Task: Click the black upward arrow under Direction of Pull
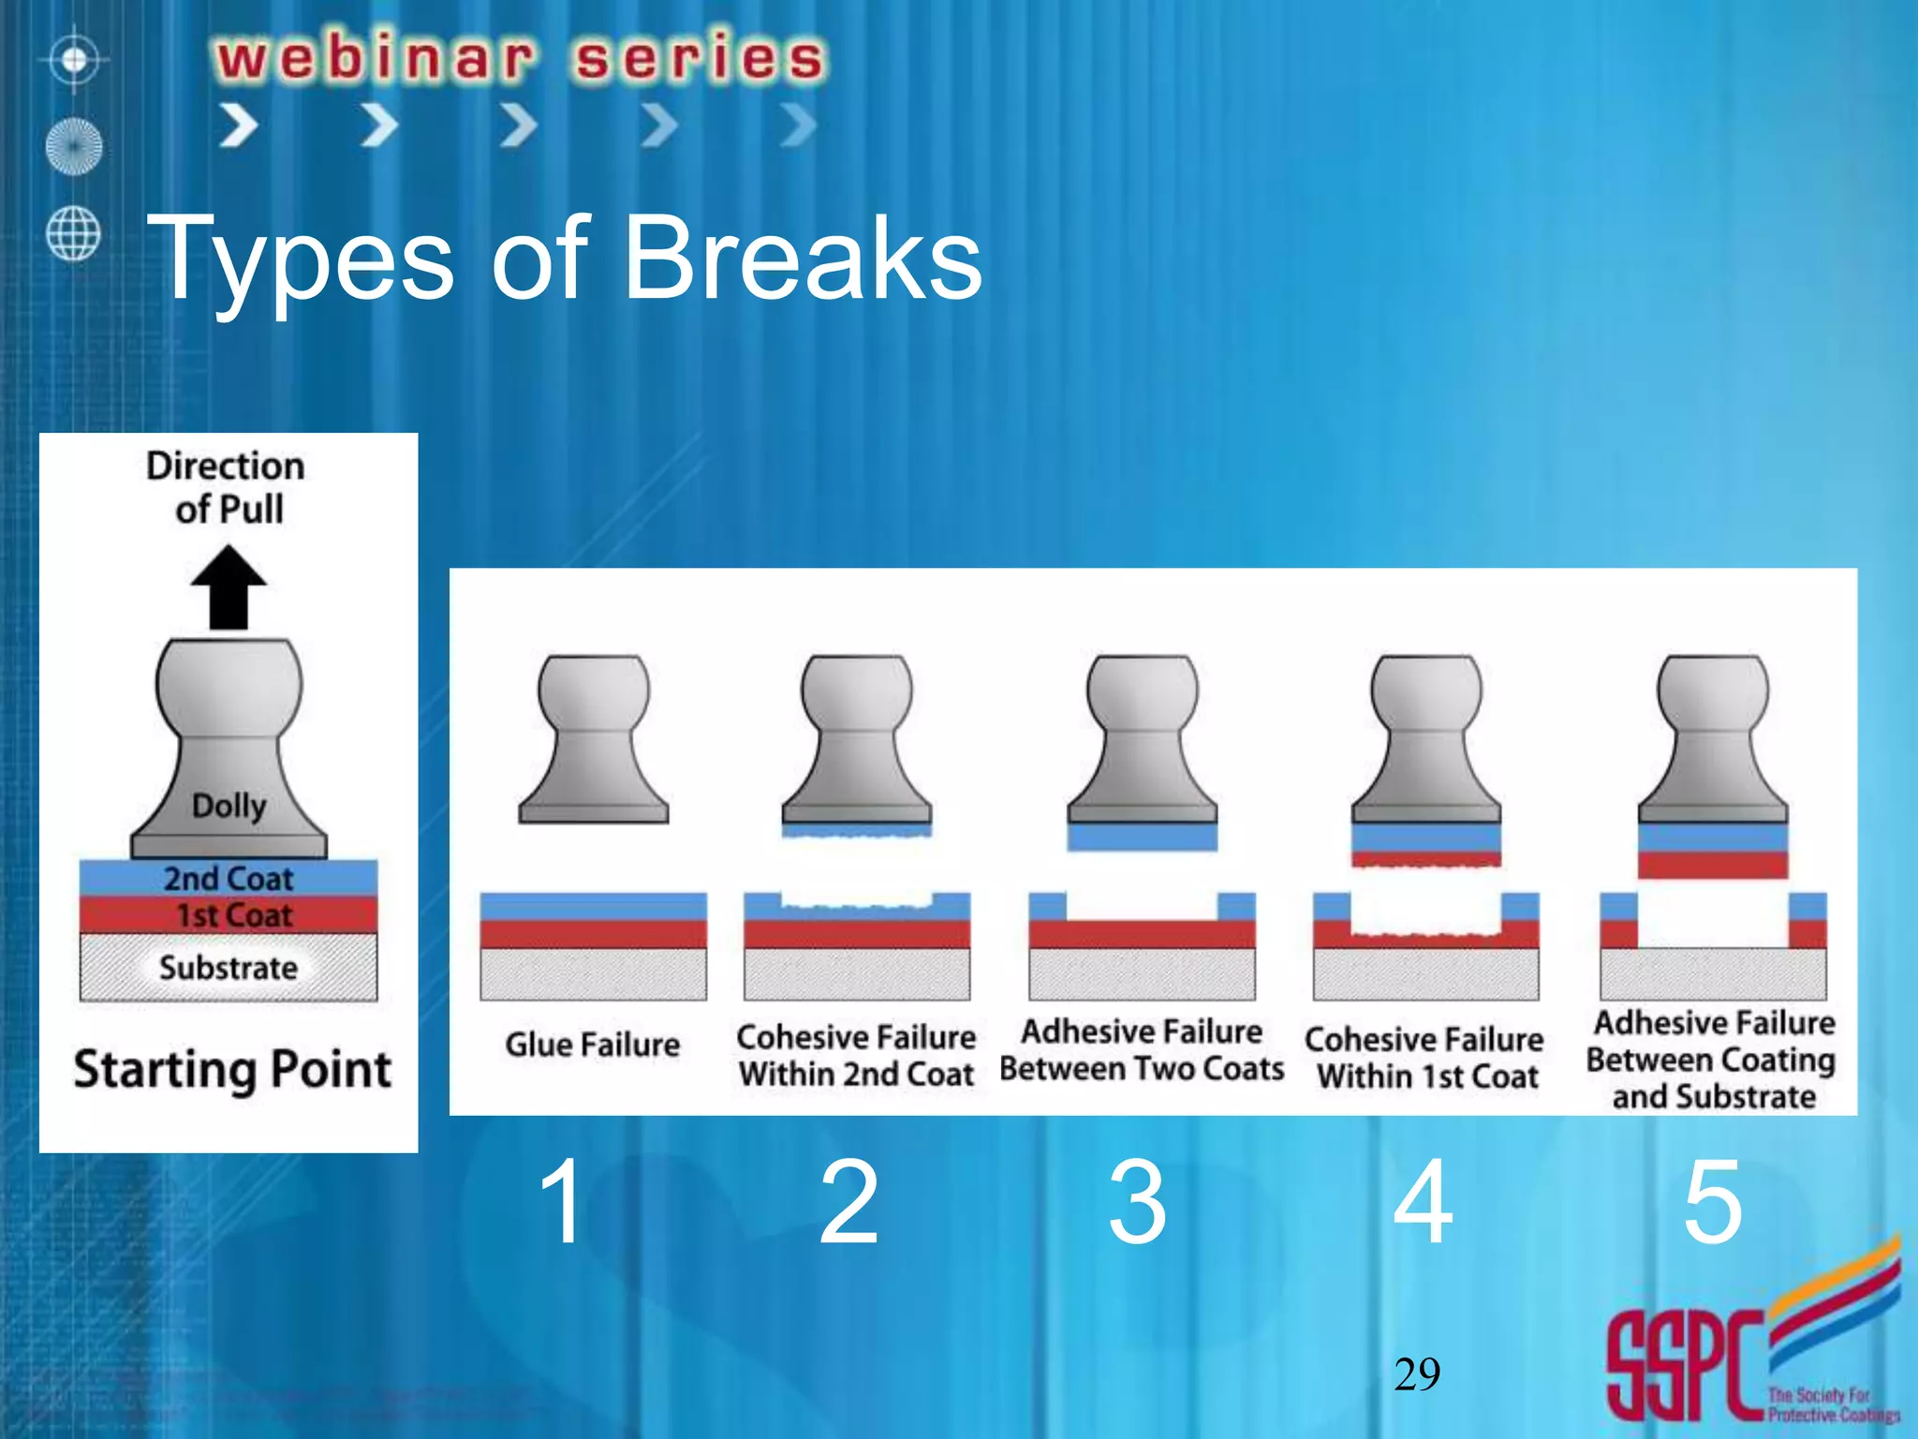tap(229, 588)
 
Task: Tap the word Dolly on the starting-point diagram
tap(229, 806)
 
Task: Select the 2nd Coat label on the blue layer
tap(229, 879)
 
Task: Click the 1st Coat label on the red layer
tap(234, 915)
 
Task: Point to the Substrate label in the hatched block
tap(229, 968)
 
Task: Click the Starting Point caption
tap(232, 1070)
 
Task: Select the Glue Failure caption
tap(592, 1045)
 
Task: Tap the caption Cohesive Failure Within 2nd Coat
tap(856, 1056)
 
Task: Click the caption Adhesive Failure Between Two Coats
tap(1142, 1050)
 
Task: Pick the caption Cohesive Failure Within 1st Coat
tap(1424, 1058)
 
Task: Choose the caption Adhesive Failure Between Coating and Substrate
tap(1712, 1060)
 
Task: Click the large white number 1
tap(562, 1202)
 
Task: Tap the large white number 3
tap(1137, 1202)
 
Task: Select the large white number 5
tap(1712, 1202)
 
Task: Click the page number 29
tap(1416, 1374)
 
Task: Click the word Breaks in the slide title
tap(802, 258)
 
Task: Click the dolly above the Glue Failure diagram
tap(594, 740)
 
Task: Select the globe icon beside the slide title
tap(73, 233)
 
